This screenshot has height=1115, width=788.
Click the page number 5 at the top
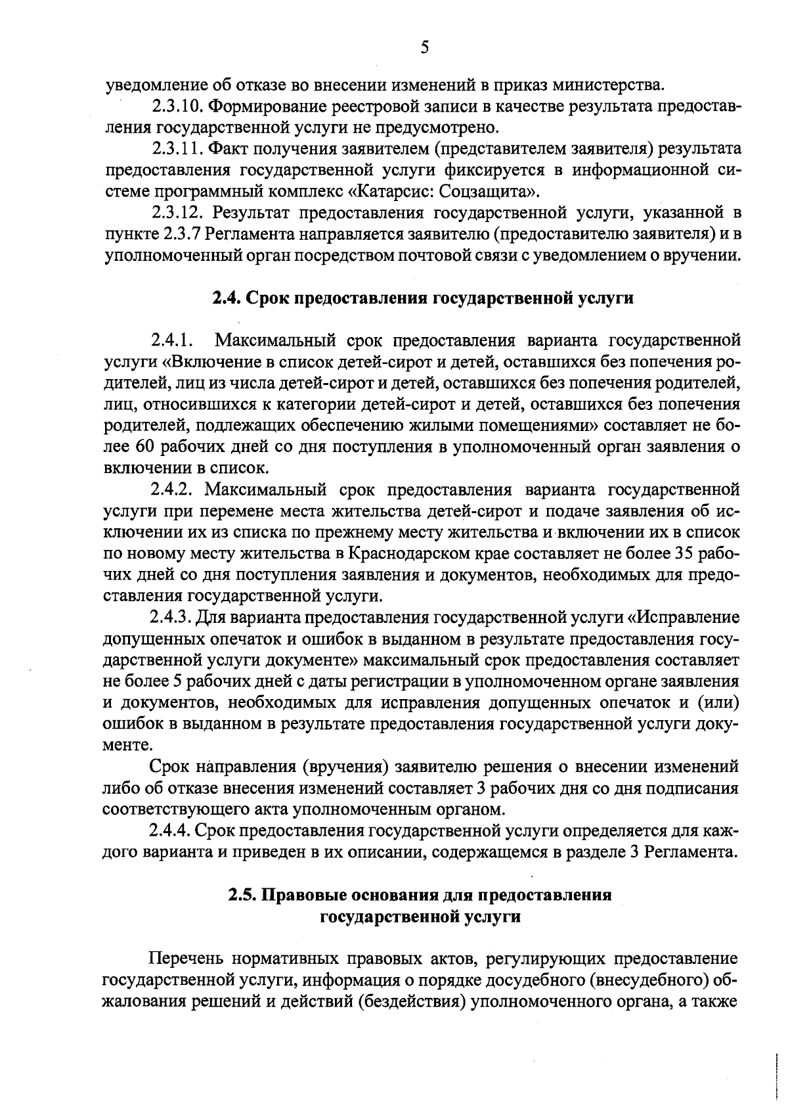pyautogui.click(x=424, y=47)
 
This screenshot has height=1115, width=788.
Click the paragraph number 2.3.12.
pyautogui.click(x=175, y=214)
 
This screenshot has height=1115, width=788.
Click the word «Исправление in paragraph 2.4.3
pyautogui.click(x=684, y=618)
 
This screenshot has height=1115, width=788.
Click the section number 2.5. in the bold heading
pyautogui.click(x=243, y=896)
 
